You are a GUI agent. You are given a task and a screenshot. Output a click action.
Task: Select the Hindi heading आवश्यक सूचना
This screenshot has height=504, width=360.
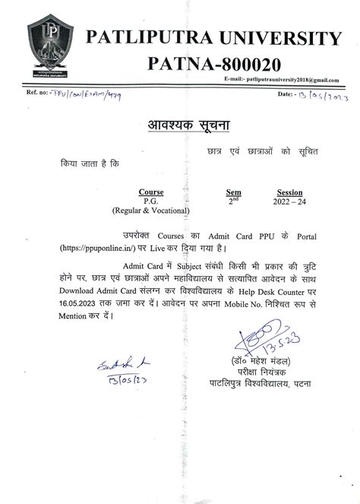[175, 125]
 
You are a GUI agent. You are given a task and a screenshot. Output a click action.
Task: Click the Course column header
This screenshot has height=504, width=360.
[151, 192]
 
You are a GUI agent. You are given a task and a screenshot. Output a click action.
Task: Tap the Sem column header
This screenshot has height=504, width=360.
[234, 192]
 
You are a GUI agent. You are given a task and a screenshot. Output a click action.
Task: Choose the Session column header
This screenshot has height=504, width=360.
[289, 192]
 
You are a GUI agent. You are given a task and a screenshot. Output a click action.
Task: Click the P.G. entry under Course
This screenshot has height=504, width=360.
[151, 201]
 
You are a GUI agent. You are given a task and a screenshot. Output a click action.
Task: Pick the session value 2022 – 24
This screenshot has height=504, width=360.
[289, 202]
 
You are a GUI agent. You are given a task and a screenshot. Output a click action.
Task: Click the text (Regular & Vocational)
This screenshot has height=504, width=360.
[151, 211]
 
